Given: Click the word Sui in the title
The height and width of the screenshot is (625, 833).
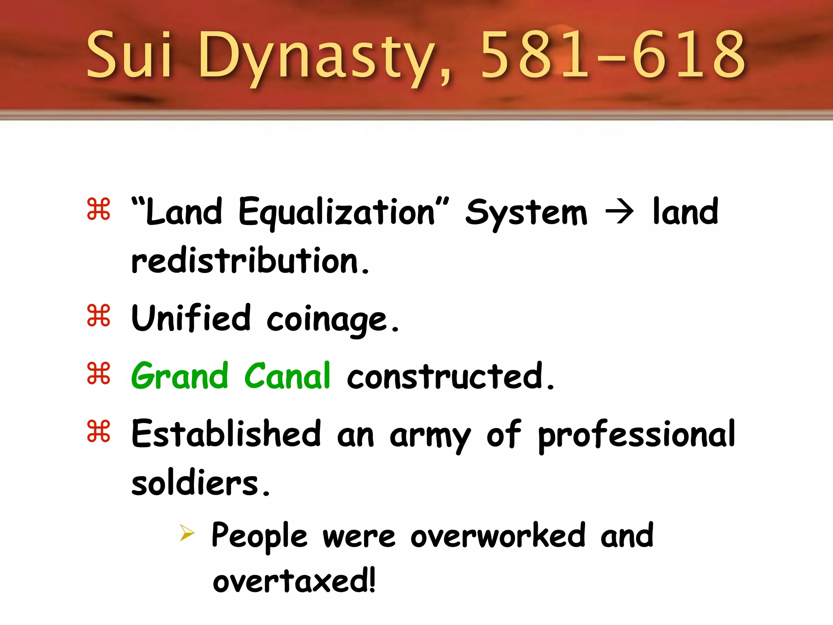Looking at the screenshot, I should [x=129, y=55].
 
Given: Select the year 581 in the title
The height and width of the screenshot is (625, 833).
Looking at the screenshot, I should [x=534, y=55].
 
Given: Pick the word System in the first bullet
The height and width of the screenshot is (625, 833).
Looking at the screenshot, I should [x=526, y=213].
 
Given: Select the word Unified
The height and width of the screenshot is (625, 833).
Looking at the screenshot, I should [x=191, y=318].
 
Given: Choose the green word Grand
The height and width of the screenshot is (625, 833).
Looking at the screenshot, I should [x=179, y=376].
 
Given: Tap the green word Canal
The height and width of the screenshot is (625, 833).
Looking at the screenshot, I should [x=287, y=376].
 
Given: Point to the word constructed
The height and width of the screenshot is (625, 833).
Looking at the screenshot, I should [x=450, y=376].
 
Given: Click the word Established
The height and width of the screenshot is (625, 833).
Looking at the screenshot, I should [x=226, y=434].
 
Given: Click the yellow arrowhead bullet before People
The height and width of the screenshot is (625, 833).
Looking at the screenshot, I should [x=188, y=533].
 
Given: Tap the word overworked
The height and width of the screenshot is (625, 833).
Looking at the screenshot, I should [x=498, y=535].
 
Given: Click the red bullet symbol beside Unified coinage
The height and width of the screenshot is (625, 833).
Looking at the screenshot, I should [x=99, y=316].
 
